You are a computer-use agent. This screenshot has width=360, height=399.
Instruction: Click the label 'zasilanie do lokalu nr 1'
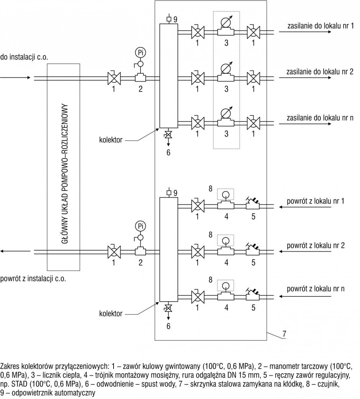tap(320, 26)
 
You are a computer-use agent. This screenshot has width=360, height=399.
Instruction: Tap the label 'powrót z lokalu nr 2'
tap(316, 246)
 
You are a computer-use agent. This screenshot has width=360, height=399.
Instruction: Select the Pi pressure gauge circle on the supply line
tap(140, 53)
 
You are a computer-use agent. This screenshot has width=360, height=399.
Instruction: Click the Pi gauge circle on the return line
tap(140, 226)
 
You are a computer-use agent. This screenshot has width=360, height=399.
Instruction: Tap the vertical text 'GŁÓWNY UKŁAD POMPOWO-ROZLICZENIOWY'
tap(65, 173)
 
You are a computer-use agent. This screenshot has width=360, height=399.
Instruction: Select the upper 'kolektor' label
tap(111, 140)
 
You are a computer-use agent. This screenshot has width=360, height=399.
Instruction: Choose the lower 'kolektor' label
tap(111, 313)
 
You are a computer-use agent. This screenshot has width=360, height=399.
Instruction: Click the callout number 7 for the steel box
tap(284, 334)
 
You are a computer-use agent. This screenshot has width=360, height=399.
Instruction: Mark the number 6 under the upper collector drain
tap(168, 152)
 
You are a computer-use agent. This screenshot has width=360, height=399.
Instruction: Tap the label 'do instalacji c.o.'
tap(24, 57)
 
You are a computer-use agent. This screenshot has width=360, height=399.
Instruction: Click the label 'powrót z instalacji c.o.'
tap(33, 279)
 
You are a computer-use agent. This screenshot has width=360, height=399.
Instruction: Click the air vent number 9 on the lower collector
tap(175, 193)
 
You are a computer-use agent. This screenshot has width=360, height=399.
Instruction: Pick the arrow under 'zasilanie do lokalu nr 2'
tap(305, 77)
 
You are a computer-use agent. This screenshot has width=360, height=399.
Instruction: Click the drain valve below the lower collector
tap(168, 308)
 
